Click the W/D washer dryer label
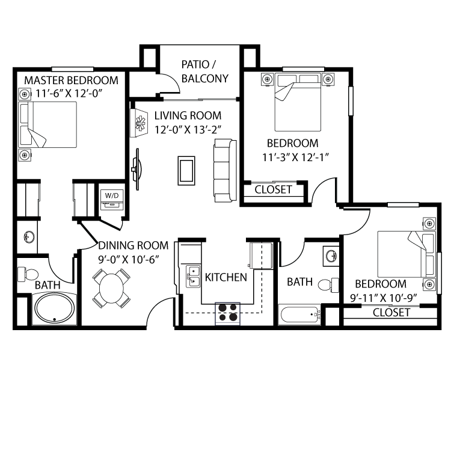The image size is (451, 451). point(112,195)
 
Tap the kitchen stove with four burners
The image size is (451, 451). point(227,313)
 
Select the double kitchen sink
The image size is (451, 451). point(193,277)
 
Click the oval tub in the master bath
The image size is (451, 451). point(55,309)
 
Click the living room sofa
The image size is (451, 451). point(223,170)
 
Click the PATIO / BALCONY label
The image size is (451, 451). point(205,72)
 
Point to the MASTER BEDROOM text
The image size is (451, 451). point(71,81)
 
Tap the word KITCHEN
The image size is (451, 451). point(226,277)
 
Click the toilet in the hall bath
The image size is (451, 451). point(328,284)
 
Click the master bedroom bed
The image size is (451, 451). point(49,124)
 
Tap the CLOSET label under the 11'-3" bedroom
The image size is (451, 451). point(273,190)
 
